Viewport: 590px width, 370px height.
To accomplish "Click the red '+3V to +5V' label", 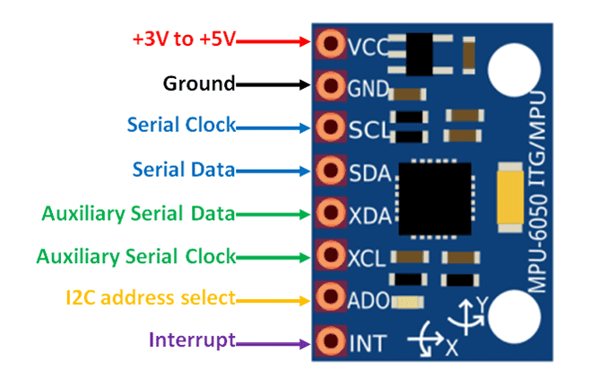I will click(x=183, y=40).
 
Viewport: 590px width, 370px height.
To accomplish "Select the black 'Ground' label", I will click(x=198, y=84).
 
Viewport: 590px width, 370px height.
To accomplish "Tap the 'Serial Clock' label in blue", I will click(x=181, y=126).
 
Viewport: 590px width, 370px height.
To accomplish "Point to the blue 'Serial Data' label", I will click(x=183, y=169).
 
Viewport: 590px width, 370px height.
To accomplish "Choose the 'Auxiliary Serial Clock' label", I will click(x=135, y=256).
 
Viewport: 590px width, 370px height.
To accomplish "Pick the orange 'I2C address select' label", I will click(x=151, y=297).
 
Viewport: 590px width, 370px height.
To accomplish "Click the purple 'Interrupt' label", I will click(x=191, y=339).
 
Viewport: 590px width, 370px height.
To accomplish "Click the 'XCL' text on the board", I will click(x=366, y=257).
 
